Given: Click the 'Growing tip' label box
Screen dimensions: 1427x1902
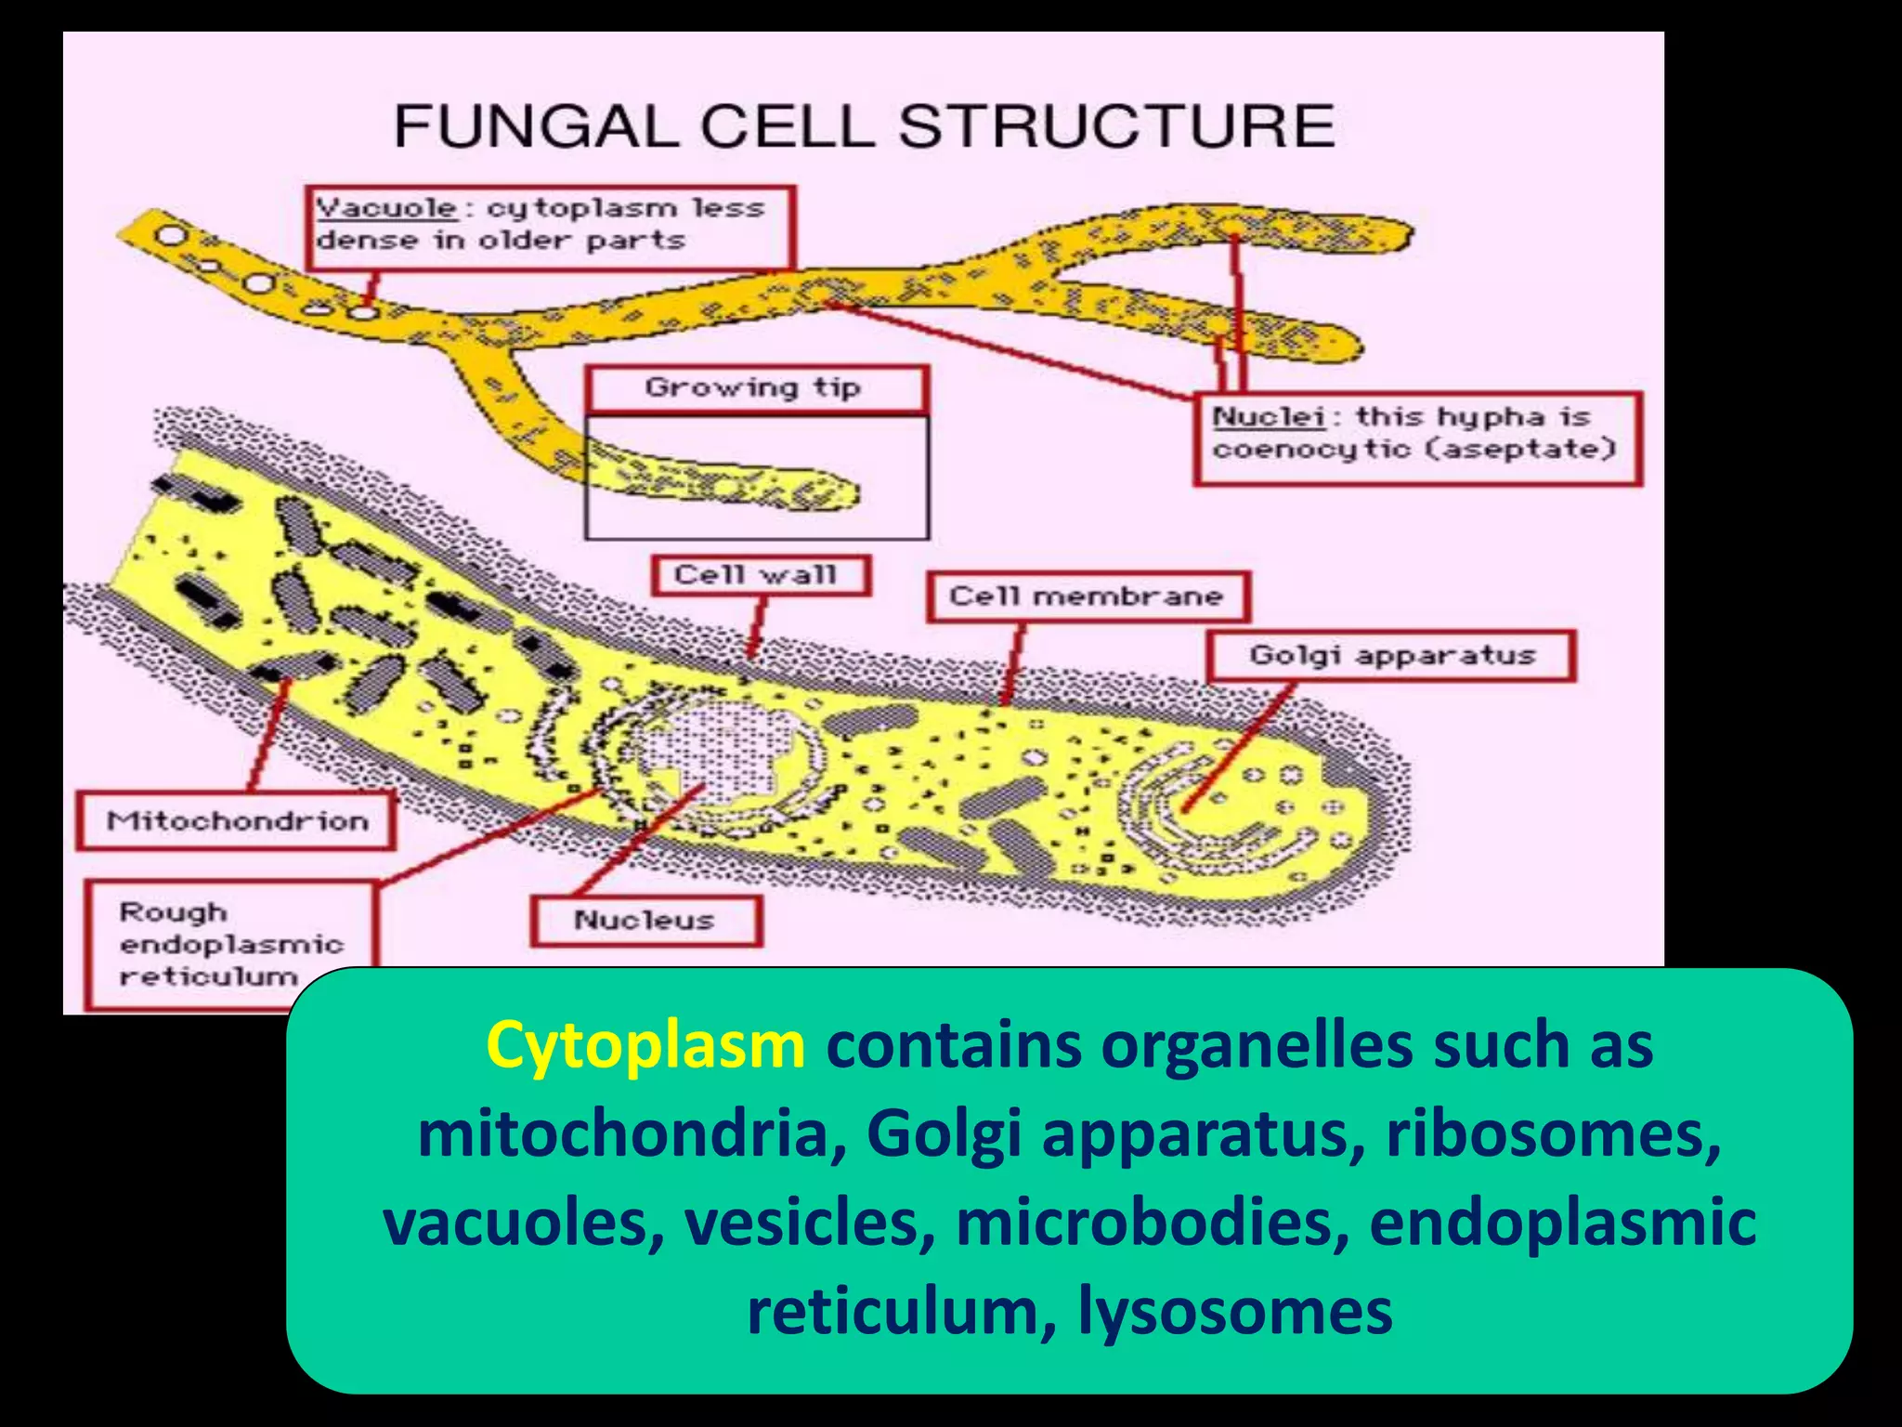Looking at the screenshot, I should [x=754, y=387].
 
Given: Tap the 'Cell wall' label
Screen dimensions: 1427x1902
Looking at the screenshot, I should [x=758, y=576].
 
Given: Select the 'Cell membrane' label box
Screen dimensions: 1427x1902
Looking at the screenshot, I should [x=1087, y=596].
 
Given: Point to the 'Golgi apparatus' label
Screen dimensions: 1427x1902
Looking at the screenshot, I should [x=1391, y=656].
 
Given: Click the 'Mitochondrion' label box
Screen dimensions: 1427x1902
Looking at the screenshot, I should [x=237, y=821].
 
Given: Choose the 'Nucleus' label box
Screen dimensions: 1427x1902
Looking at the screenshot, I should [x=645, y=921].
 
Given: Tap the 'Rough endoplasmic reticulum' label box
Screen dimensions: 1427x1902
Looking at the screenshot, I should [x=230, y=944].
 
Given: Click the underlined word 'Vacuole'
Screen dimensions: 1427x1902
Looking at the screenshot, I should [x=386, y=207].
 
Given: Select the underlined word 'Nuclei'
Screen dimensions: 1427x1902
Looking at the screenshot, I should [x=1269, y=416].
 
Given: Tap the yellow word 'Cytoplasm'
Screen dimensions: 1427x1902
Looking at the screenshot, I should [x=645, y=1045].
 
